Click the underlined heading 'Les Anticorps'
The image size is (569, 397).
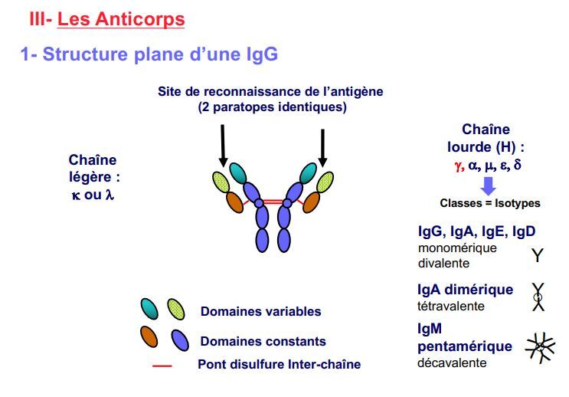click(121, 19)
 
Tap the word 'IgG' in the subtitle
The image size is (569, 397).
click(259, 54)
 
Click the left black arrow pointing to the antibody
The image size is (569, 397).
click(223, 145)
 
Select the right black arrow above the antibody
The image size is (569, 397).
click(322, 145)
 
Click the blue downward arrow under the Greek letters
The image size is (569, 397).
click(488, 185)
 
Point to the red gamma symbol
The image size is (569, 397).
click(459, 166)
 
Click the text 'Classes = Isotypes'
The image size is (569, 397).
click(489, 203)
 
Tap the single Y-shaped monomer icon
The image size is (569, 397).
click(538, 254)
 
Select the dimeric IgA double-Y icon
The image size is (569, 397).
click(538, 297)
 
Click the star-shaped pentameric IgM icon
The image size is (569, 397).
click(540, 348)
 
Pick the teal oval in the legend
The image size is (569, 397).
click(150, 308)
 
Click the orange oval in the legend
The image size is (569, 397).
click(150, 336)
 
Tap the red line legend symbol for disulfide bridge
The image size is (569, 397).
click(162, 366)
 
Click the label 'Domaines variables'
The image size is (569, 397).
click(260, 311)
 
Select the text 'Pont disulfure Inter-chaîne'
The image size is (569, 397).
click(279, 365)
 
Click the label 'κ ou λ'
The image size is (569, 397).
click(92, 194)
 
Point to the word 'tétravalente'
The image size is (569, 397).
click(450, 306)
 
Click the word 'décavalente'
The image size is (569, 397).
click(451, 363)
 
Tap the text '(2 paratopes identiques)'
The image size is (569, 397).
click(271, 107)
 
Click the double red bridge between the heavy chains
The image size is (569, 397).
click(273, 203)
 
